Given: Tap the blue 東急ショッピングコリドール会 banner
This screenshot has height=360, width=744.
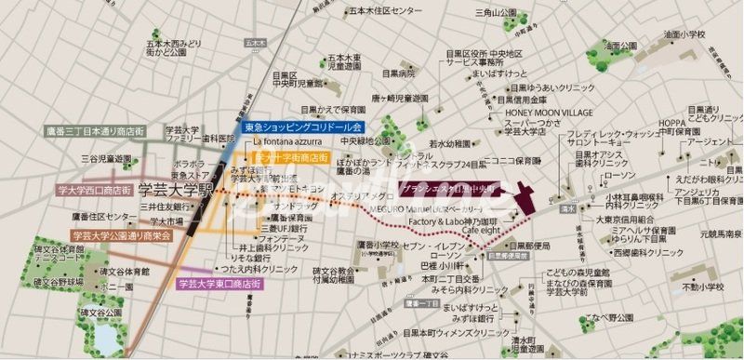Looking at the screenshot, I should (x=301, y=127).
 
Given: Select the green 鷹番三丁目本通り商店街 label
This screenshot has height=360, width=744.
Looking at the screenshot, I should (x=94, y=132).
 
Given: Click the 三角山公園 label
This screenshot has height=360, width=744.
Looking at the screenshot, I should (x=494, y=13).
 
